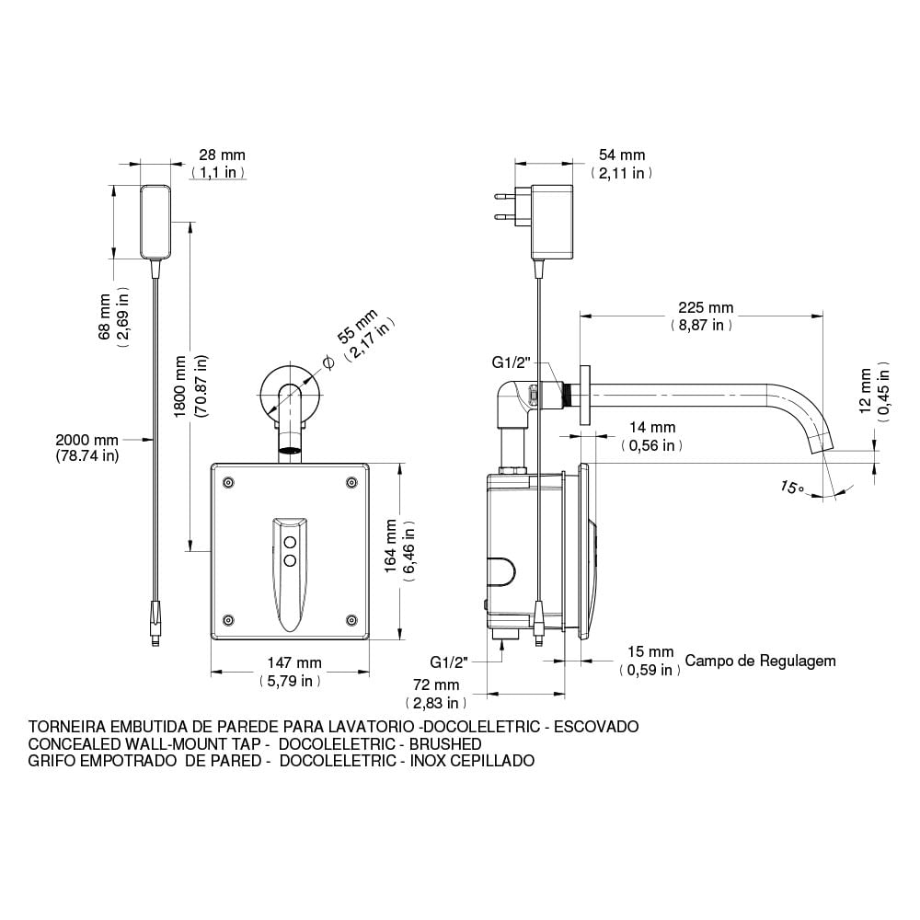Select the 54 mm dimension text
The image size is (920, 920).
click(x=622, y=155)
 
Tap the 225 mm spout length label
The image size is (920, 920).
click(x=701, y=307)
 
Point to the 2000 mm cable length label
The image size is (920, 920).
click(x=86, y=441)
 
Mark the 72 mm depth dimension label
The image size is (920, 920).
click(x=435, y=685)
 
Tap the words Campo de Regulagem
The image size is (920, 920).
click(x=760, y=661)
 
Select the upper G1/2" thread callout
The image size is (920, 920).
click(x=511, y=363)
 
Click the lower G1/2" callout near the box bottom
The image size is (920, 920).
click(x=449, y=661)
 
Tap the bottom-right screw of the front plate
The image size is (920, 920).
click(x=350, y=618)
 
